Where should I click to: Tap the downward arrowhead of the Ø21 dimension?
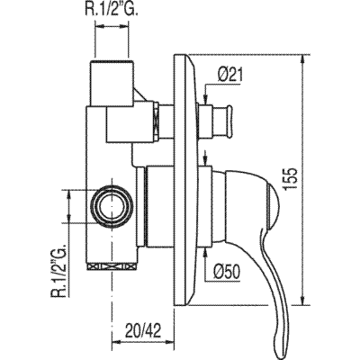tap(211, 99)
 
